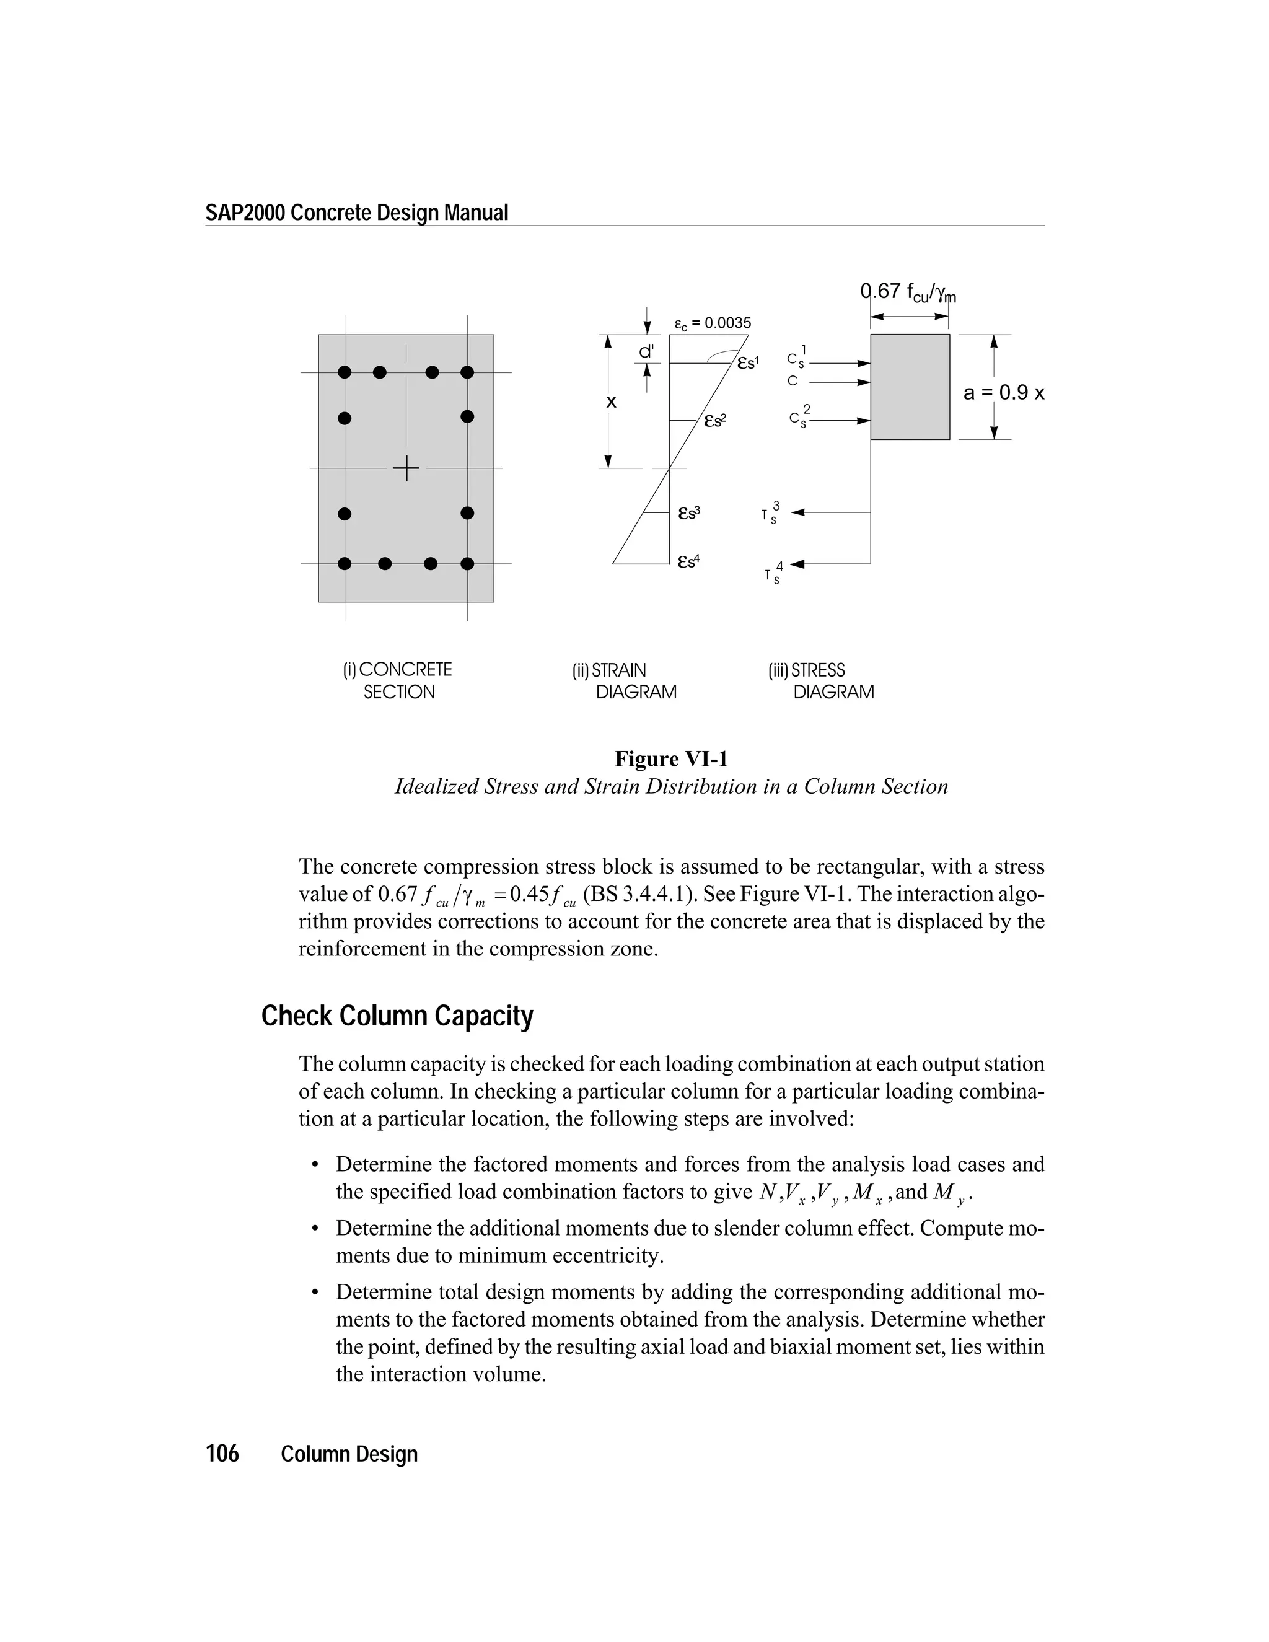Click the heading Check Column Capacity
click(397, 1016)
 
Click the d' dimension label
click(646, 351)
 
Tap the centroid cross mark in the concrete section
click(406, 468)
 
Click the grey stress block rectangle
click(910, 387)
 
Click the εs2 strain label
click(715, 421)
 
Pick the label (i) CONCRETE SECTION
click(398, 680)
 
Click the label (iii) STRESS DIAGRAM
click(820, 680)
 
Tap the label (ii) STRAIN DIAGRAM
click(623, 680)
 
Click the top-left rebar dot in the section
click(345, 372)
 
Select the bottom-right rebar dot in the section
click(467, 563)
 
